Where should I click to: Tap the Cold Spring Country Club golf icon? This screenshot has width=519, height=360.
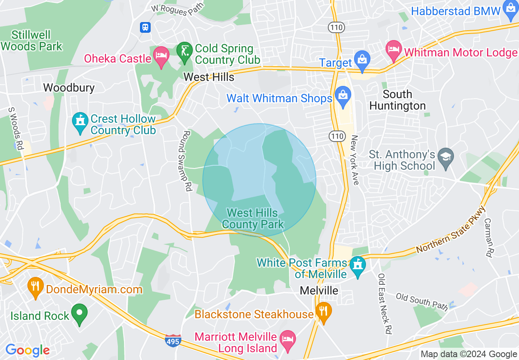(185, 53)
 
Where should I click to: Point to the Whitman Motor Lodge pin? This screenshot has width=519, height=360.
(394, 50)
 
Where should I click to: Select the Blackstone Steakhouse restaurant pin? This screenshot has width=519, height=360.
(324, 313)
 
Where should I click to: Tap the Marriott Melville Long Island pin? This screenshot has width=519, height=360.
(288, 341)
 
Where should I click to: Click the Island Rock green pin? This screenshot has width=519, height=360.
(79, 314)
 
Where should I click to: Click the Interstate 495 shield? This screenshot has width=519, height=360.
(174, 340)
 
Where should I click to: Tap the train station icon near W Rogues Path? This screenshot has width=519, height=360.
(145, 27)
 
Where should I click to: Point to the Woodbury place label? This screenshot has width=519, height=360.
(69, 88)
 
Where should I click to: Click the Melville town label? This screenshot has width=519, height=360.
(319, 290)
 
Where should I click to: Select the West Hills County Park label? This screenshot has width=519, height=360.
(253, 218)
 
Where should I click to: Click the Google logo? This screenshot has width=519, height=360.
(27, 350)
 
